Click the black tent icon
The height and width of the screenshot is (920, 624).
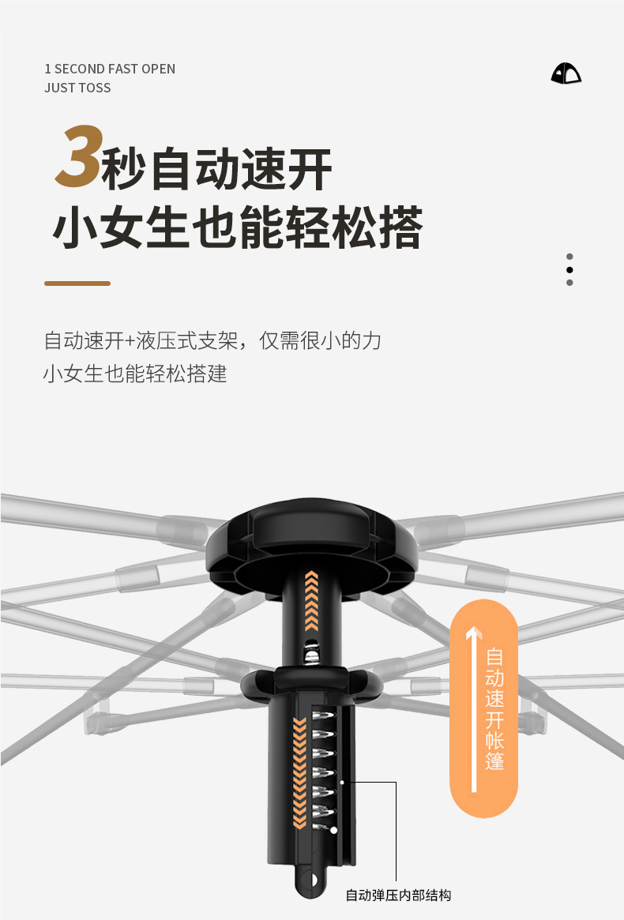[566, 73]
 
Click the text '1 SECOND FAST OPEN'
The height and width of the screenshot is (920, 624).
[110, 69]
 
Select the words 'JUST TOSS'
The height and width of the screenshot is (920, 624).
[77, 88]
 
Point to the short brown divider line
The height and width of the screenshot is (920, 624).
[77, 283]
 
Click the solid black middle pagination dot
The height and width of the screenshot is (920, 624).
[569, 269]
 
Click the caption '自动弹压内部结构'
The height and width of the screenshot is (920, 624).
[398, 895]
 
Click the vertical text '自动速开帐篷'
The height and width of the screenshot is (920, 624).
[495, 708]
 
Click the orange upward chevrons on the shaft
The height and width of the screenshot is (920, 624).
[311, 600]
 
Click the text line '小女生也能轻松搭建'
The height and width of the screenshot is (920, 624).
[135, 374]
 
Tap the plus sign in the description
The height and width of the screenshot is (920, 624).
[130, 341]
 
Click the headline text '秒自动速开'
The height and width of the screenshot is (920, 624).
[217, 167]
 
